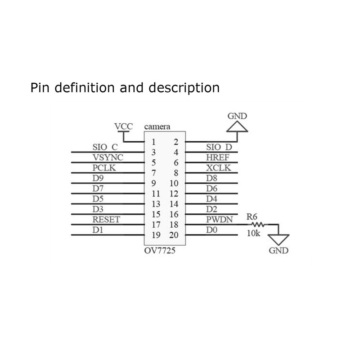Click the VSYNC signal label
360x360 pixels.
coord(108,157)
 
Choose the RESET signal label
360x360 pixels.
coord(107,220)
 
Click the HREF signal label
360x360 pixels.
coord(217,157)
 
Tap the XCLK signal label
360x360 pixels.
coord(218,167)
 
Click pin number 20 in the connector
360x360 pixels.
coord(174,234)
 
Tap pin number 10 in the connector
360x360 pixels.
coord(174,184)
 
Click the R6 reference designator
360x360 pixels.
coord(252,216)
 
